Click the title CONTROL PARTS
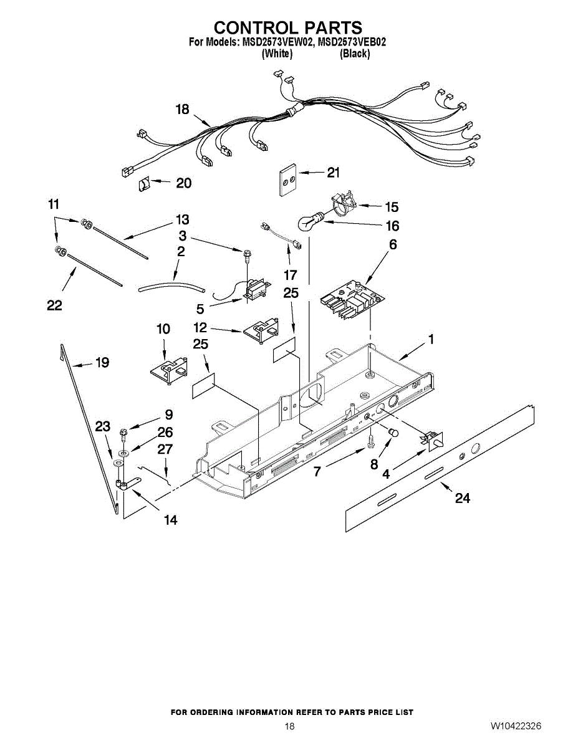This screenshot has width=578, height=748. pyautogui.click(x=288, y=28)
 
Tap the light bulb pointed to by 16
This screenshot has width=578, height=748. pyautogui.click(x=309, y=223)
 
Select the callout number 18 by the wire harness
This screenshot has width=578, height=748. pyautogui.click(x=182, y=110)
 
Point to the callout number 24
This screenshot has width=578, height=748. pyautogui.click(x=462, y=498)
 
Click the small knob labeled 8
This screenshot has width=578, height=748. pyautogui.click(x=393, y=432)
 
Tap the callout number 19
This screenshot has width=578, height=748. pyautogui.click(x=102, y=362)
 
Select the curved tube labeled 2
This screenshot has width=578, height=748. pyautogui.click(x=171, y=287)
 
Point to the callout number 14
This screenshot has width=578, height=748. pyautogui.click(x=170, y=519)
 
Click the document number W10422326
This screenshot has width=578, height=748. pyautogui.click(x=515, y=726)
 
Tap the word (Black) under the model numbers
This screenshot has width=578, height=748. pyautogui.click(x=355, y=54)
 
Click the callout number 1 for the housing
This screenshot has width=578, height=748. pyautogui.click(x=430, y=340)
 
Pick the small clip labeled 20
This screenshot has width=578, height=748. pyautogui.click(x=144, y=184)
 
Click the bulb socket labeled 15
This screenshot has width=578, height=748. pyautogui.click(x=341, y=205)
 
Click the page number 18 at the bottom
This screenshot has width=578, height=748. pyautogui.click(x=289, y=726)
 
